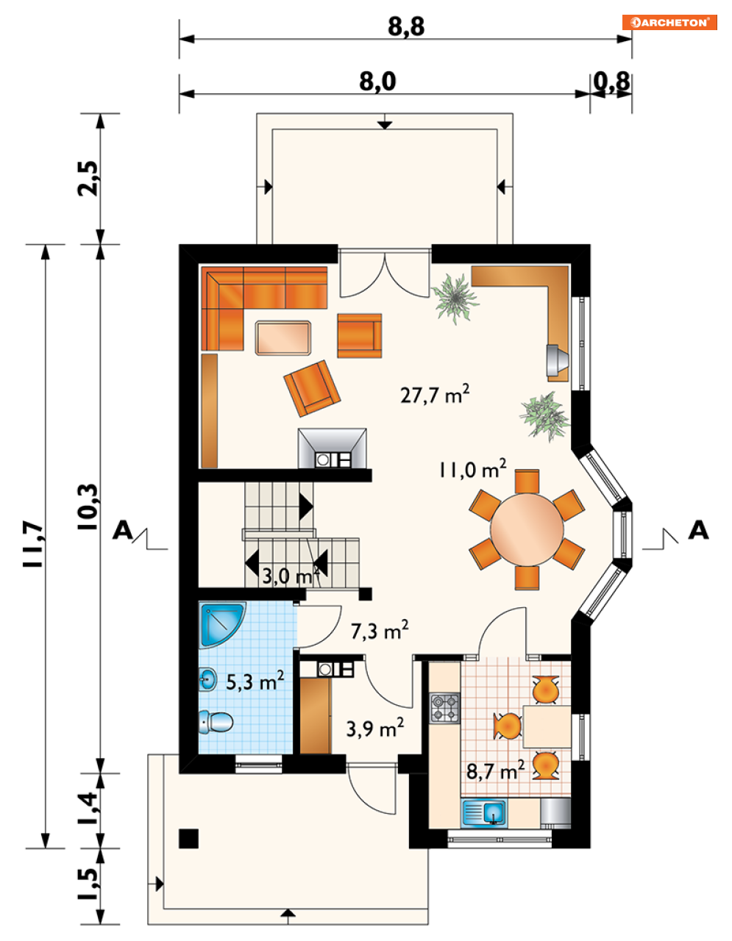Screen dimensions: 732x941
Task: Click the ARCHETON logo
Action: click(669, 22)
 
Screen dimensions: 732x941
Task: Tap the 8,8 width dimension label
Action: click(406, 27)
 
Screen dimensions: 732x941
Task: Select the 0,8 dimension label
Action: click(611, 82)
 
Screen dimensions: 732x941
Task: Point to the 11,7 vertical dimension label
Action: click(34, 545)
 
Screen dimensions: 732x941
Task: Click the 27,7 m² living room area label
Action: click(435, 394)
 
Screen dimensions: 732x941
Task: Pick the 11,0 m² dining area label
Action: click(472, 469)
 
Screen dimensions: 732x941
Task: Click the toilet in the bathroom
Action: click(216, 722)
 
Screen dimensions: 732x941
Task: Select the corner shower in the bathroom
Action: click(221, 624)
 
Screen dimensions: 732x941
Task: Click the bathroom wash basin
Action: click(208, 679)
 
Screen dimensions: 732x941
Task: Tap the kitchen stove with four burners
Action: click(444, 708)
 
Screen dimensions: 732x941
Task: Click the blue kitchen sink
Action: click(484, 813)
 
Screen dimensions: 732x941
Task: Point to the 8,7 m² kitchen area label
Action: click(495, 771)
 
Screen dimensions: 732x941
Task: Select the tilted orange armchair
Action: click(312, 388)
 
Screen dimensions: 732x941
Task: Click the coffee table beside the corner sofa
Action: click(283, 337)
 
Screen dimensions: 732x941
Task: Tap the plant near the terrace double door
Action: click(455, 298)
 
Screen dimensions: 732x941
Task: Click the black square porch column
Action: click(189, 839)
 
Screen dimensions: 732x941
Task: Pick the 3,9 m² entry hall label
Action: click(375, 729)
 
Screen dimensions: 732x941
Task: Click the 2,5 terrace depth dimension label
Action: click(89, 178)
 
